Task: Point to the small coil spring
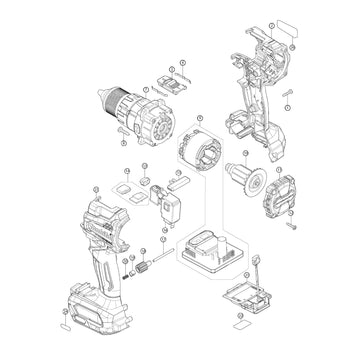(x=127, y=271)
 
